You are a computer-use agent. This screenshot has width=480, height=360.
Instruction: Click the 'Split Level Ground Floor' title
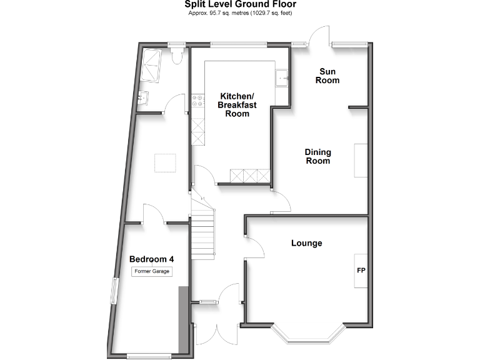click(240, 4)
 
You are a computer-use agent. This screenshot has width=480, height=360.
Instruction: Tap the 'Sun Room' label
click(327, 76)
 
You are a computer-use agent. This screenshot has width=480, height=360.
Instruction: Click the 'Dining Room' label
click(317, 156)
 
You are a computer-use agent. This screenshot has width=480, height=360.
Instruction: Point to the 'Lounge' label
click(306, 243)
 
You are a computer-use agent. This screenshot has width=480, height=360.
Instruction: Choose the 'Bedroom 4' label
click(151, 259)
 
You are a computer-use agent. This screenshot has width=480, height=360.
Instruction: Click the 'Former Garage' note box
click(151, 271)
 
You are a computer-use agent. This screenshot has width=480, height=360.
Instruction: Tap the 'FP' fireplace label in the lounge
click(361, 271)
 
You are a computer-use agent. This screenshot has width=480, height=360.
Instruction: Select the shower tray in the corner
click(151, 66)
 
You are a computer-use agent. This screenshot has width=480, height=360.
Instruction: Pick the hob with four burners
click(197, 100)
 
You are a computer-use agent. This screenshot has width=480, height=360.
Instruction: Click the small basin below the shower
click(144, 97)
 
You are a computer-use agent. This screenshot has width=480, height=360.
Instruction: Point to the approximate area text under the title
click(240, 13)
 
